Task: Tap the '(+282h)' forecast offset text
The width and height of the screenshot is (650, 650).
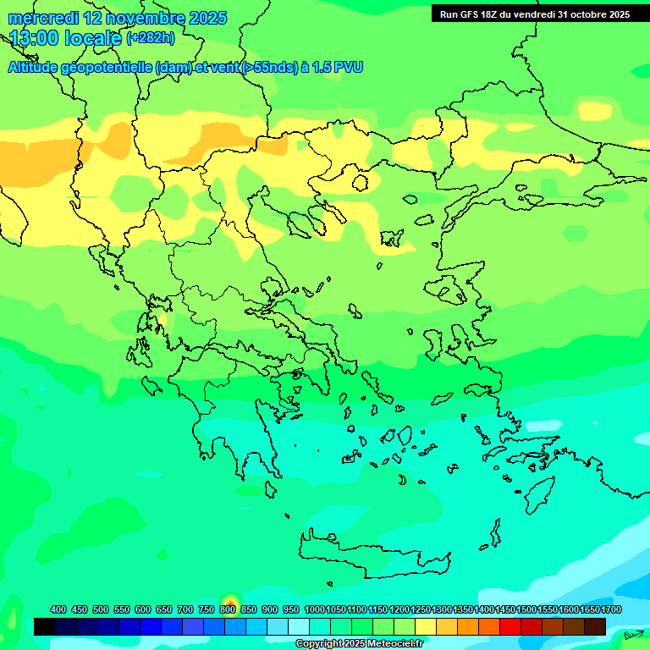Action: (151, 38)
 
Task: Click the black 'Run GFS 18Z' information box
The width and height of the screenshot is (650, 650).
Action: (534, 14)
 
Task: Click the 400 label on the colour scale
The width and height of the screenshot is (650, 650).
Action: (58, 610)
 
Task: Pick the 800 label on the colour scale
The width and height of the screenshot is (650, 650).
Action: (227, 610)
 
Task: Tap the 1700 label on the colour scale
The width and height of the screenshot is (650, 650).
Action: (611, 610)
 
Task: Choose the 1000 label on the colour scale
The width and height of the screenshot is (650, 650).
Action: (315, 610)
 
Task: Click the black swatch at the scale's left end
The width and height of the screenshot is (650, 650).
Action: (45, 626)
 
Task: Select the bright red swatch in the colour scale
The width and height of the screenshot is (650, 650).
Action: (510, 626)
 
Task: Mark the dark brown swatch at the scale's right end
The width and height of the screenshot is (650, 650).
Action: (595, 626)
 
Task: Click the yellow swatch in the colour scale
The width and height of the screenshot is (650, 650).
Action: (426, 626)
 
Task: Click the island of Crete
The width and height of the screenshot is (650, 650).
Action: (372, 554)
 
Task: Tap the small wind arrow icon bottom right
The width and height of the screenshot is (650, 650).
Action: (633, 634)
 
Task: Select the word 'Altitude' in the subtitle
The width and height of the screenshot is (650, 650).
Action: (33, 68)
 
